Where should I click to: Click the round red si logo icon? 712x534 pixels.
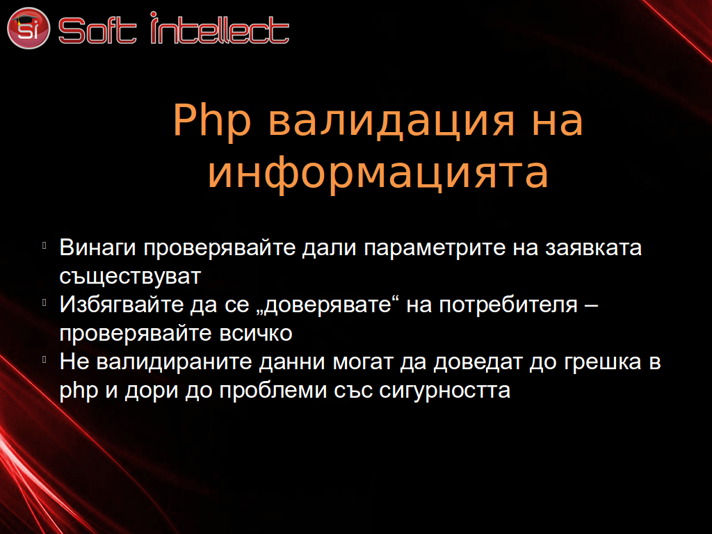click(x=28, y=28)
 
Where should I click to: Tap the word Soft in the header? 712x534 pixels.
click(x=97, y=31)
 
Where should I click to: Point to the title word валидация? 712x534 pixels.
click(x=391, y=122)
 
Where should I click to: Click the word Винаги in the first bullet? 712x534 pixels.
click(x=97, y=248)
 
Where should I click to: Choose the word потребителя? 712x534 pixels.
click(x=508, y=305)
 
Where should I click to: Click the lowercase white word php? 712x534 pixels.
click(x=79, y=391)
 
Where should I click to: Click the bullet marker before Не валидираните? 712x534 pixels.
click(x=44, y=359)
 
